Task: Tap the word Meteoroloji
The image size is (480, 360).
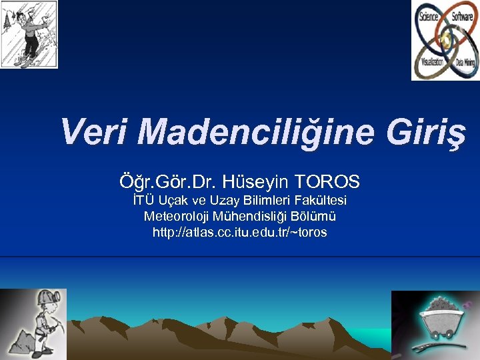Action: point(175,217)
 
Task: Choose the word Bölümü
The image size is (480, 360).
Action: point(313,217)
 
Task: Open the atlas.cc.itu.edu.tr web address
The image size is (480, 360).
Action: point(239,233)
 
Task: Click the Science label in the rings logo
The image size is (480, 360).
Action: point(428,16)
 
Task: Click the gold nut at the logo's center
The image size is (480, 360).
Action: point(444,39)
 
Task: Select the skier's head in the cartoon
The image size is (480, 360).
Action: point(23,13)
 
